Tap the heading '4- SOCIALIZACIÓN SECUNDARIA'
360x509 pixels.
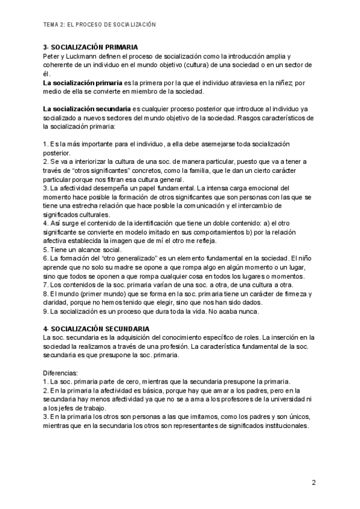click(96, 329)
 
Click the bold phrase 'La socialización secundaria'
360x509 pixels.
click(87, 109)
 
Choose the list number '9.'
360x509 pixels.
click(46, 312)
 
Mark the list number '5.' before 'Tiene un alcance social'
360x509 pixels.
click(46, 250)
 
